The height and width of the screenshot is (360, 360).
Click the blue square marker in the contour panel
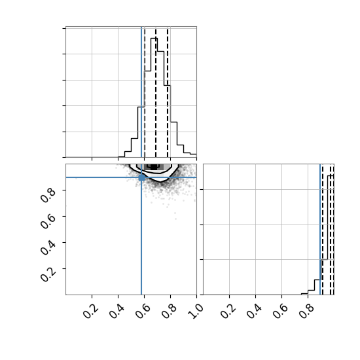coord(141,177)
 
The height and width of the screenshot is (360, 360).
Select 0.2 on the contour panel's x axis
coord(91,312)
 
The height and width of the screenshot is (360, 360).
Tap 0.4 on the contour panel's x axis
coord(117,312)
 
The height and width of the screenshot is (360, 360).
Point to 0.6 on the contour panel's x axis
coord(143,312)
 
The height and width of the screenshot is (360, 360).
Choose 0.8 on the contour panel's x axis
coord(170,312)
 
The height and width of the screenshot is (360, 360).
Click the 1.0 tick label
coord(196,312)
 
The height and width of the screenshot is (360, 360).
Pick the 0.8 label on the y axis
coord(48,195)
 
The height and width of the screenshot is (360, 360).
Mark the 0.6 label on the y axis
coord(48,221)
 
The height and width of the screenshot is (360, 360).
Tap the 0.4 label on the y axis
coord(48,247)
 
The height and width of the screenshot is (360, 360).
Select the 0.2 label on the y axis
coord(48,274)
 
